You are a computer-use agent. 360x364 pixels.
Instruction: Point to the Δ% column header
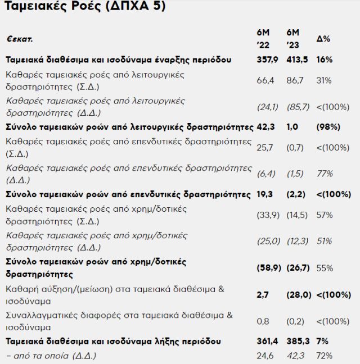[323, 39]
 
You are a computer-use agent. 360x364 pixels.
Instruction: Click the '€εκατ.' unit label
[20, 40]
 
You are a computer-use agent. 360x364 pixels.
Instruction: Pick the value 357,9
[265, 59]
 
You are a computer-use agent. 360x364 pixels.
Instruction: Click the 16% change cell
[325, 59]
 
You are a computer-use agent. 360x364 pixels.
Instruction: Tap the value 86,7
[294, 80]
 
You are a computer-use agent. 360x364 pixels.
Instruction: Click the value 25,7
[264, 148]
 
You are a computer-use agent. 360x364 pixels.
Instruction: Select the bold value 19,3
[264, 194]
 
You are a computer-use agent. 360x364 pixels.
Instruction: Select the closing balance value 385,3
[295, 341]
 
